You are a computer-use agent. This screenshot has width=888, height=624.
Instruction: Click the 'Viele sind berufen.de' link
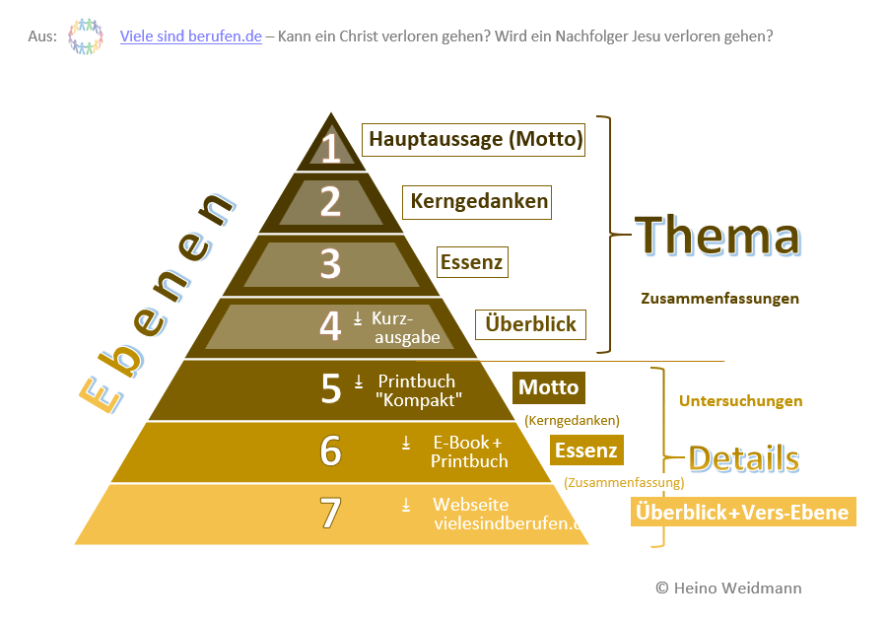click(x=190, y=36)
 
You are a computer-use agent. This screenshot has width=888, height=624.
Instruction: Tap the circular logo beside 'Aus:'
click(x=86, y=36)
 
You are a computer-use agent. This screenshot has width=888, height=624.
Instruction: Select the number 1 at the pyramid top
click(x=331, y=148)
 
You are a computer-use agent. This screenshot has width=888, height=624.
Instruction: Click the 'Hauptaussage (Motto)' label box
click(x=474, y=139)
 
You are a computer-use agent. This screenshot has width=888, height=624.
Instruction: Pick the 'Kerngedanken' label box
click(x=479, y=202)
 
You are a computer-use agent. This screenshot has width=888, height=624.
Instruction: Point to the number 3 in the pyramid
click(x=331, y=264)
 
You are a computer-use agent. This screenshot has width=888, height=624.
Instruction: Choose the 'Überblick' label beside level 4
click(x=530, y=324)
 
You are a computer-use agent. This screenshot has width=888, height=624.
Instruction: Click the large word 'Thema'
click(x=717, y=237)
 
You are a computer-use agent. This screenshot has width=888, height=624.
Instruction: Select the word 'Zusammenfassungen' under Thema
click(x=719, y=298)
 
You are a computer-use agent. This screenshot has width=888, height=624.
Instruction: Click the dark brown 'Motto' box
click(x=548, y=387)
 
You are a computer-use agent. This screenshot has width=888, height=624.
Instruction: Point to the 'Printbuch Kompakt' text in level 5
click(x=419, y=391)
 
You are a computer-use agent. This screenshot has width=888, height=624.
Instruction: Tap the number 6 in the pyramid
click(x=331, y=451)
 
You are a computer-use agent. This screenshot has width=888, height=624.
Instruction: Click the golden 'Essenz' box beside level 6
click(x=585, y=451)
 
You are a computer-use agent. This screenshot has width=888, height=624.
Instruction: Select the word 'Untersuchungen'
click(x=740, y=401)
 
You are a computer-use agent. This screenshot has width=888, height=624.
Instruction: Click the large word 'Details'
click(x=742, y=458)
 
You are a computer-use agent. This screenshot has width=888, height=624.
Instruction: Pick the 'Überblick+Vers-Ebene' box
click(x=742, y=513)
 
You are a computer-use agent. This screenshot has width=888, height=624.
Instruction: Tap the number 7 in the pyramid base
click(x=331, y=514)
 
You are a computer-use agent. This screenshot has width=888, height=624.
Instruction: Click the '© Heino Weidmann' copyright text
click(x=728, y=588)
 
